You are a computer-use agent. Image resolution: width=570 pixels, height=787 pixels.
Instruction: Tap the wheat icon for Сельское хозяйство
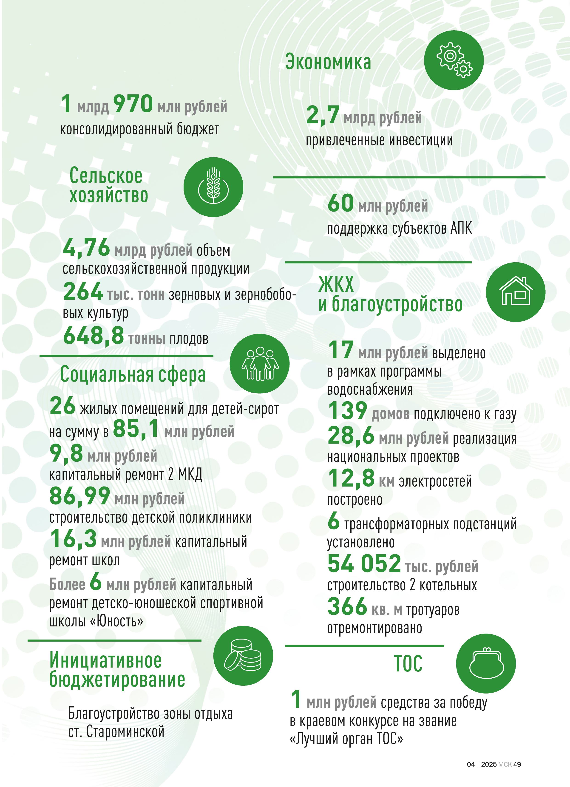pos(213,187)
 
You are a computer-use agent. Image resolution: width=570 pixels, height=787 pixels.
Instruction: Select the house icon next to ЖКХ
pos(516,292)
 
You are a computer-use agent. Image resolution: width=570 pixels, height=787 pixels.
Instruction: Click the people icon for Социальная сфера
pos(259,364)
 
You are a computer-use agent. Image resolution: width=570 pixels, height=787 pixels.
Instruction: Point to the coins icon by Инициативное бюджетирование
pos(243,655)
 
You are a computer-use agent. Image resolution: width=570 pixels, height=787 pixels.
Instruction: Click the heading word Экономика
pos(328,62)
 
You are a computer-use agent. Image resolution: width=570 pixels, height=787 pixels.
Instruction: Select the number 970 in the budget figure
pos(133,104)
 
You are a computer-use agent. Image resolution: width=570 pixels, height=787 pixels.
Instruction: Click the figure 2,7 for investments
pos(323,115)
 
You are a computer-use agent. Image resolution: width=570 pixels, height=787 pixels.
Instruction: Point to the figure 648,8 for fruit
pos(93,336)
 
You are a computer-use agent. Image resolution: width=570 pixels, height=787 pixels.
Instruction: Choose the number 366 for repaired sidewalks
pos(347,606)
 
